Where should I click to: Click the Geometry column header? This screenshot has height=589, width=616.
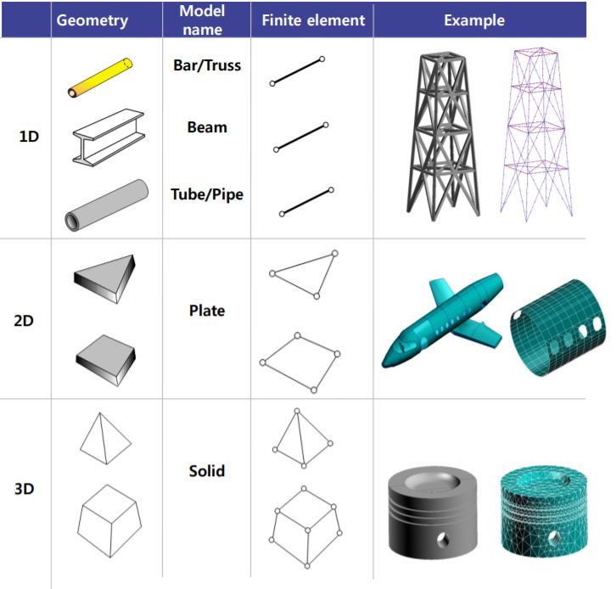click(92, 20)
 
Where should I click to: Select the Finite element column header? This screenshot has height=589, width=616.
click(312, 20)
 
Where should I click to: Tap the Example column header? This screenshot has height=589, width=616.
click(474, 20)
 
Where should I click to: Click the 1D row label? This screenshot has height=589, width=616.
click(29, 136)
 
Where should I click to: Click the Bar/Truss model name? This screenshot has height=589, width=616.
click(207, 65)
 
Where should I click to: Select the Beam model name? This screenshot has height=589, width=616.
click(207, 127)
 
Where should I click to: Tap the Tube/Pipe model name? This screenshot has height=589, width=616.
click(207, 194)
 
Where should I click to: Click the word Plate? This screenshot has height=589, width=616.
click(207, 311)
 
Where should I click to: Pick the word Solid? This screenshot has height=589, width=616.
click(207, 469)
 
